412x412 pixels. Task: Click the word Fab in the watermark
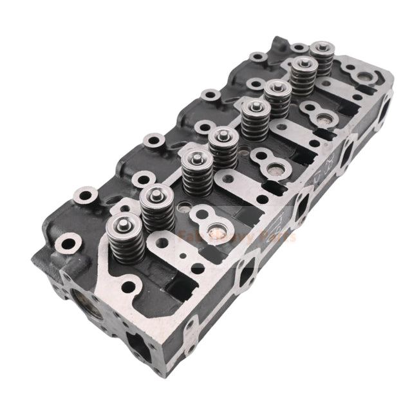click(191, 237)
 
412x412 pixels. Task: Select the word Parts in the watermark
click(277, 237)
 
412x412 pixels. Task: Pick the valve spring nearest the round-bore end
click(124, 236)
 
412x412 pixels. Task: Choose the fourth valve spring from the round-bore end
click(223, 149)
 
